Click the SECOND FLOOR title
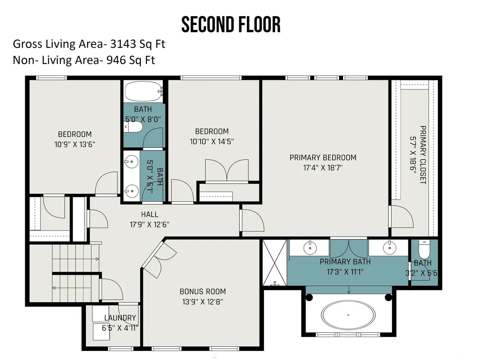point(231,24)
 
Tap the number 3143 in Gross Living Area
point(123,44)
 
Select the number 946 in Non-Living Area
point(116,60)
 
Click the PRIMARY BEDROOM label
point(323,157)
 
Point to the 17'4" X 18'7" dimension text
point(323,168)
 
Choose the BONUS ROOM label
point(203,292)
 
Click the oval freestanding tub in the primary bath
point(348,315)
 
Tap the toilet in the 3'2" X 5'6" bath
point(424,249)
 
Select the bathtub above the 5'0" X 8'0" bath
point(144,91)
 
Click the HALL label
point(150,214)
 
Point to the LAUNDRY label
point(120,318)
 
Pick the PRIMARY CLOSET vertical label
point(423,155)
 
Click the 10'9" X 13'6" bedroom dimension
point(75,144)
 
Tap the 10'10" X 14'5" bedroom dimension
point(211,141)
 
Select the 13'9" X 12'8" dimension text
point(203,301)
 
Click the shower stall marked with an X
point(274,262)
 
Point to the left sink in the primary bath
point(310,247)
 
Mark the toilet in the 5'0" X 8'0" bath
point(133,127)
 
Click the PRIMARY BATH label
point(345,262)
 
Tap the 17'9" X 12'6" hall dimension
point(150,225)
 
